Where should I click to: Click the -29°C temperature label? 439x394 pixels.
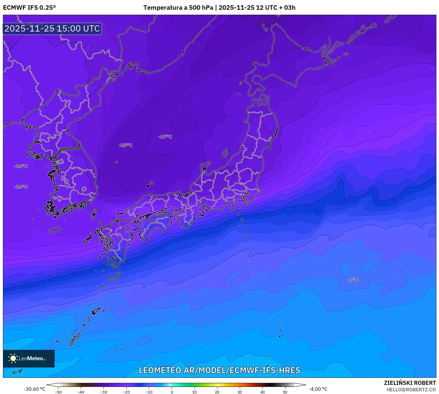(x=125, y=145)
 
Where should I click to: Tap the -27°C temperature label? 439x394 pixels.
(x=165, y=137)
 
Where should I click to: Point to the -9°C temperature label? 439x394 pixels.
(x=353, y=280)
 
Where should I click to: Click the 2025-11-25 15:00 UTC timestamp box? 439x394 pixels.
(x=52, y=29)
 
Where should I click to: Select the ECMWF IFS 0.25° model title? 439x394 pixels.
(x=29, y=8)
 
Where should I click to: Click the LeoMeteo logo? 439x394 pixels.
(x=29, y=358)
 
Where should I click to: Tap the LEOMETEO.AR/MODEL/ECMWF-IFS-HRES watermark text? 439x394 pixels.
(x=219, y=370)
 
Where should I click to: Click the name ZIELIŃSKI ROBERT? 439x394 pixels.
(x=410, y=383)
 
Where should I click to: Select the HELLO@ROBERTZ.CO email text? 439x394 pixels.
(x=411, y=390)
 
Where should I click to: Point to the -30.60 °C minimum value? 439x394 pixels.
(x=34, y=389)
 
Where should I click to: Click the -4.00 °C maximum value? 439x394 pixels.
(x=318, y=389)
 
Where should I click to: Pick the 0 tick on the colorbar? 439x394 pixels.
(x=172, y=392)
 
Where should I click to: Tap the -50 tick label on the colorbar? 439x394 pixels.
(x=58, y=392)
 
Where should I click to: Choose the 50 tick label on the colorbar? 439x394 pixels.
(x=285, y=392)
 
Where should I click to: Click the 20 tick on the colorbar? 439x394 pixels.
(x=217, y=392)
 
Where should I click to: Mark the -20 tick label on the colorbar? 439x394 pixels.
(x=126, y=392)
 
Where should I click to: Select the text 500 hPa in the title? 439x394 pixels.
(x=201, y=8)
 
